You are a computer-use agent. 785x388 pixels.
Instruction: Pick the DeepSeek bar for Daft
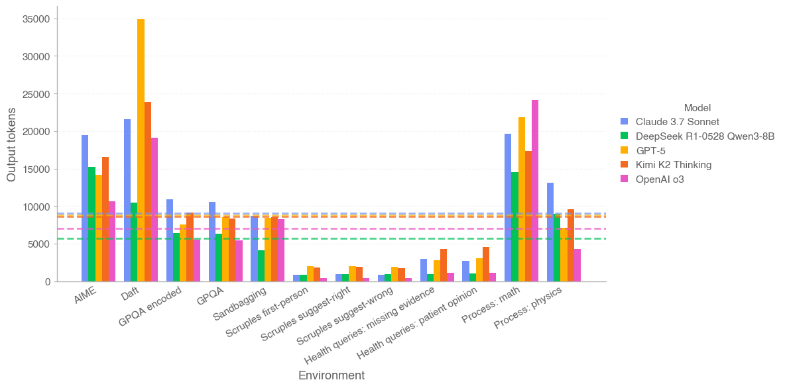134,242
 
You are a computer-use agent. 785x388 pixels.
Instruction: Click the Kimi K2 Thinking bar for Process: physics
571,246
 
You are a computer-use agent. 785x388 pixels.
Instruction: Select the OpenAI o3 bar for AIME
112,242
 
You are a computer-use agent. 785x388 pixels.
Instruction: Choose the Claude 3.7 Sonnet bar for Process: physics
550,232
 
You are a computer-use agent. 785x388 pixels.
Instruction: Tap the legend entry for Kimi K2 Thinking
673,165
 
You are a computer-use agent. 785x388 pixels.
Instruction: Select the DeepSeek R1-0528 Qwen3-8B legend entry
705,136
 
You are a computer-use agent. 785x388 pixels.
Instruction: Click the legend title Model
697,107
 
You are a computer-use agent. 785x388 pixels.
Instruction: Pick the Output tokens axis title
11,145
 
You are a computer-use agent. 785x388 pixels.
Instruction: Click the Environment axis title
332,375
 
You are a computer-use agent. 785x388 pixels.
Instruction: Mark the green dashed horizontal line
332,238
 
